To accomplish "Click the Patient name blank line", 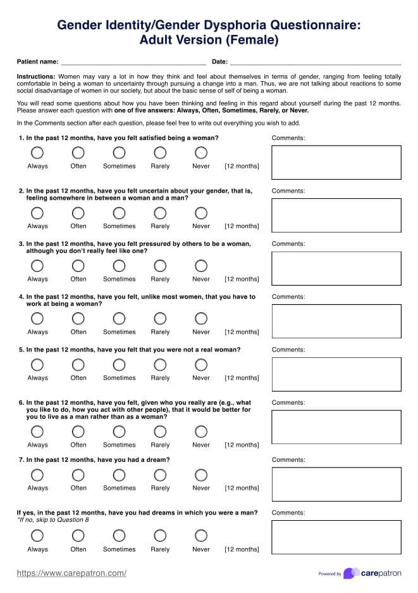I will click(133, 63).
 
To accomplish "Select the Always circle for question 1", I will click(37, 153).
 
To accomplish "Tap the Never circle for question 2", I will click(201, 213).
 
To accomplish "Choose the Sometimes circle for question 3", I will click(119, 265).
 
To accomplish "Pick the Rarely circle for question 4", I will click(160, 319).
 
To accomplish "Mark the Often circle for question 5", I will click(78, 364).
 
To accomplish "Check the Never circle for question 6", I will click(201, 431).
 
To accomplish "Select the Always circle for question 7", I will click(37, 475).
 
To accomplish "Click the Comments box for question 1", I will click(336, 162).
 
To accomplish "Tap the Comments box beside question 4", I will click(336, 321).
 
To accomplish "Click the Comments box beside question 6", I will click(336, 426).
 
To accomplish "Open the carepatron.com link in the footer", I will click(71, 573).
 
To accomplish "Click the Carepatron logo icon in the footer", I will click(351, 573).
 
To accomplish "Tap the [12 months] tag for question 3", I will click(242, 279).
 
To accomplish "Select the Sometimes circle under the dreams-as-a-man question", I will click(119, 536).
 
